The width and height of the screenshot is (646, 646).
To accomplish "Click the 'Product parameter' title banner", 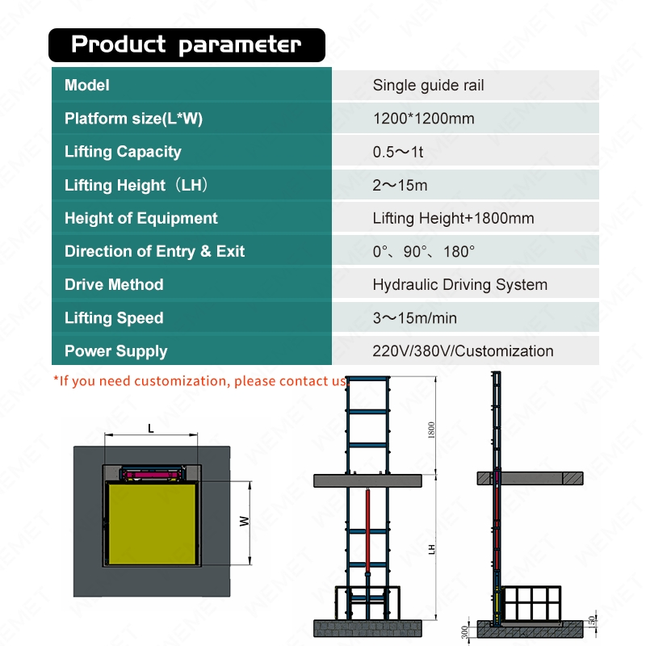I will pos(187,45).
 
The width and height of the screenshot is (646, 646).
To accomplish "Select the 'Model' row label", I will pos(87,85).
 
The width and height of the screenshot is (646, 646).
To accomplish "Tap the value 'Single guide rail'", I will pos(428,85).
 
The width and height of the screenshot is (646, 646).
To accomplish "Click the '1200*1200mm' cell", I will pos(423,119).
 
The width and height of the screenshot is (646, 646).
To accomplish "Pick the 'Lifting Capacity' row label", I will pos(123,152).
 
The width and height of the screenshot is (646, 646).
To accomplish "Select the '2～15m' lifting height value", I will pos(400,185).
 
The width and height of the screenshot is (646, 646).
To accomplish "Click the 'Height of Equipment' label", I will pos(141,218).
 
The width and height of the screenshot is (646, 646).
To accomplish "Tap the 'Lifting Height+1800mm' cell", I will pos(453,218).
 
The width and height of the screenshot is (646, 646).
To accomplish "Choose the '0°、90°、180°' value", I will pos(423,251).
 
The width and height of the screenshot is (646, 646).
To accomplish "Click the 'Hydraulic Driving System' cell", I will pos(459,284).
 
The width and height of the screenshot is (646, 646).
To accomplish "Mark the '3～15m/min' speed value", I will pos(414,317).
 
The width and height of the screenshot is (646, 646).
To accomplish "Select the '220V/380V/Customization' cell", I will pos(463,350).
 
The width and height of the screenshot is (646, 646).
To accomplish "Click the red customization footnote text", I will pos(199,380).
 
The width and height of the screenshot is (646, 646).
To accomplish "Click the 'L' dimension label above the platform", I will pos(151,429).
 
